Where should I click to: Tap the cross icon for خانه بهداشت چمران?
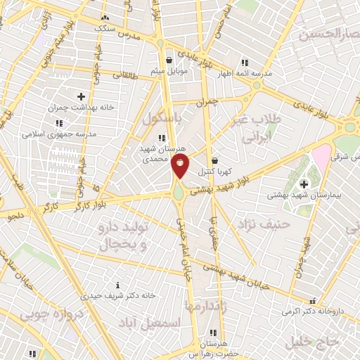(x=81, y=96)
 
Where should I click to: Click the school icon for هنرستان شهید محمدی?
(x=162, y=138)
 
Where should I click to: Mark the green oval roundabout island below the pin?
(x=180, y=191)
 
